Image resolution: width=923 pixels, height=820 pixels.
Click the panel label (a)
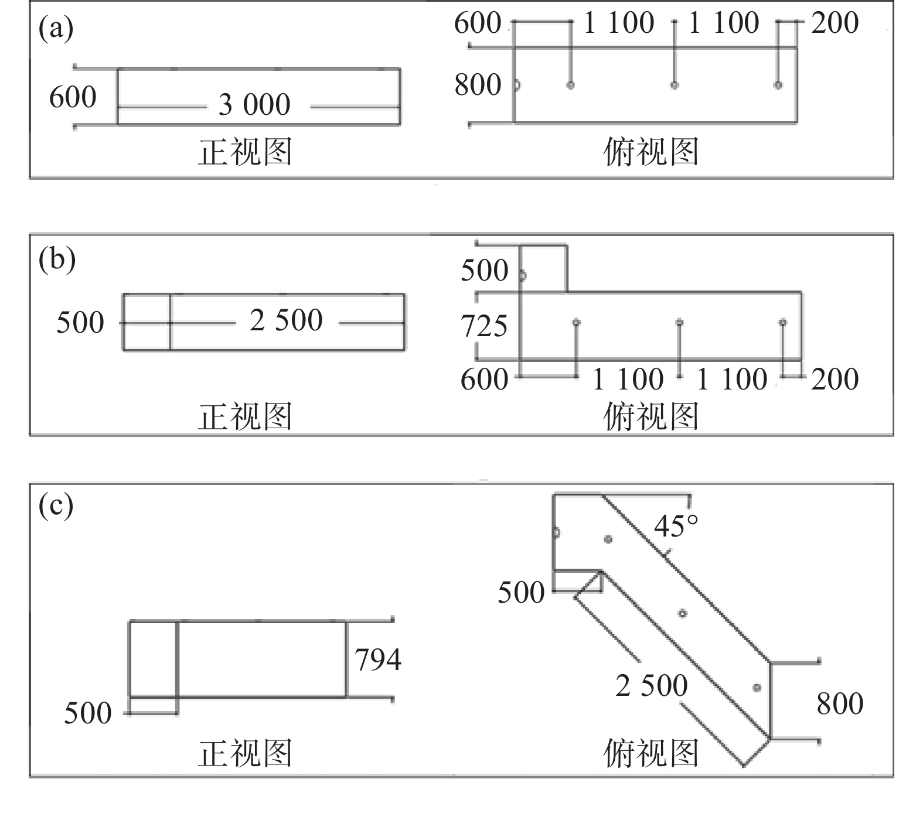56,29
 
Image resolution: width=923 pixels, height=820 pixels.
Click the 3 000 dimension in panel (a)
254,105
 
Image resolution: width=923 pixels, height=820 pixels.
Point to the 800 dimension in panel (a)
478,85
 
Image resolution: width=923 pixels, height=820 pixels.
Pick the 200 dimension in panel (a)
835,23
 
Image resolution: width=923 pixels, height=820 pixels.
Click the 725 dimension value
484,326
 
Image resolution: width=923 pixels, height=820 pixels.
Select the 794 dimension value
378,660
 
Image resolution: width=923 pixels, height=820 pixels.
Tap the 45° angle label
676,526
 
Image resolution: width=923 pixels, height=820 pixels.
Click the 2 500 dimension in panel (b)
286,321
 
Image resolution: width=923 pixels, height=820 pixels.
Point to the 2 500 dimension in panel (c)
651,685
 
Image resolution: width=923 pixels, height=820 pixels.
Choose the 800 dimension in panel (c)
840,703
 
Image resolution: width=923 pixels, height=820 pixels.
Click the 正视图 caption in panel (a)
245,152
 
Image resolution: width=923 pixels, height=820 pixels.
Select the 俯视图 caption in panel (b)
651,416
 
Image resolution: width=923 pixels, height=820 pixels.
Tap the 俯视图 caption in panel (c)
651,753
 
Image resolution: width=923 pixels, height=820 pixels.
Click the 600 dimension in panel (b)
484,380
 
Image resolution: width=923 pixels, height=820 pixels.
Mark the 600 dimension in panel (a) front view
73,97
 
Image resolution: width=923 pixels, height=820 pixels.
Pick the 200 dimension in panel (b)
835,380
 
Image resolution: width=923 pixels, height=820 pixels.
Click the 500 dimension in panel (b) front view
80,323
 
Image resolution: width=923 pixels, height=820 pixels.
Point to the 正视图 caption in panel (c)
245,753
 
